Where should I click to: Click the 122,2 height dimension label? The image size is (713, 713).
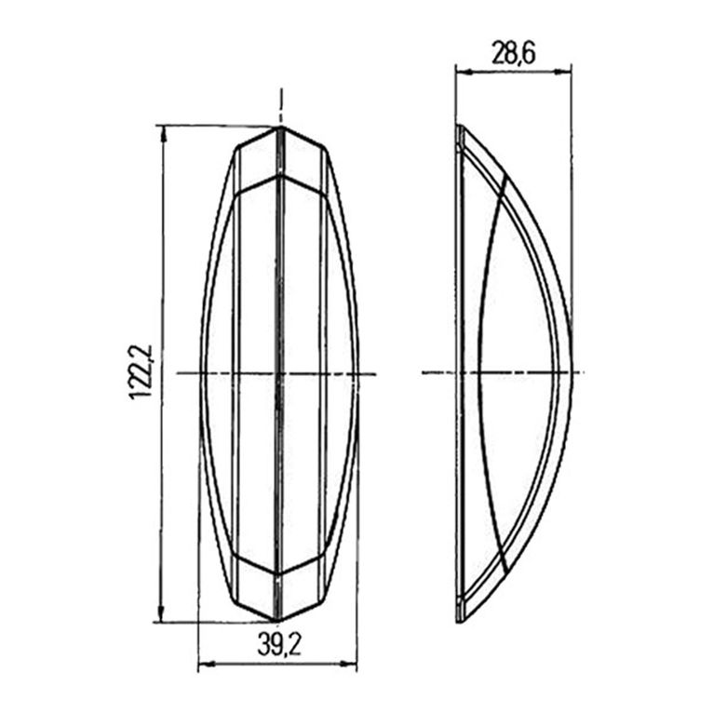(141, 371)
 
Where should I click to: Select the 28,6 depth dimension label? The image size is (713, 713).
(513, 54)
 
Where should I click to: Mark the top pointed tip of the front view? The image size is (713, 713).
(278, 127)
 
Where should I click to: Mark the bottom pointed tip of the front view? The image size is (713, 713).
(278, 621)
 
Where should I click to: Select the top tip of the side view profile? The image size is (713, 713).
(459, 127)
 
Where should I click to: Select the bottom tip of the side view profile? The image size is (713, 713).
(459, 622)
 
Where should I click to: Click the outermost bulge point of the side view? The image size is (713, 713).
(571, 372)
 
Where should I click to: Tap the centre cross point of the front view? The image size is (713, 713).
(278, 373)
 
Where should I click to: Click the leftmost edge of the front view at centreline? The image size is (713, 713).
(200, 373)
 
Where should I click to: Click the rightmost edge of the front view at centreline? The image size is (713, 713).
(357, 373)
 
